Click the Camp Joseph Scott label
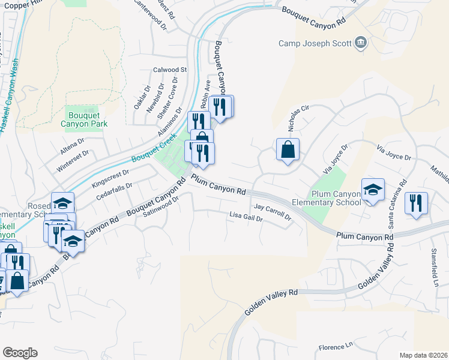315,43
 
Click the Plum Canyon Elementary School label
334,198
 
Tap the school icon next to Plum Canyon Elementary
373,190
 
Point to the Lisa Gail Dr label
246,218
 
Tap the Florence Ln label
336,346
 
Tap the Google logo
20,353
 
